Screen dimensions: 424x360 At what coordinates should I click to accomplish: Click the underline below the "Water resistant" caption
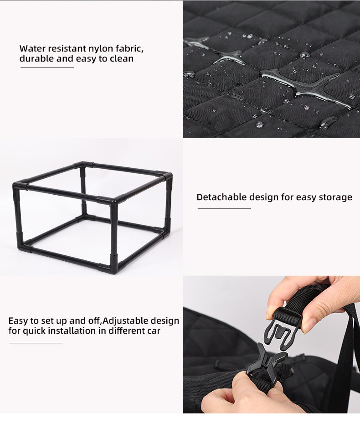(x=47, y=67)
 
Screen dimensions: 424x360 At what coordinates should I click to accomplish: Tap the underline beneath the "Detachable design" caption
(x=224, y=208)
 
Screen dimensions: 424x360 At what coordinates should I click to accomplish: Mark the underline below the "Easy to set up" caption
(x=36, y=342)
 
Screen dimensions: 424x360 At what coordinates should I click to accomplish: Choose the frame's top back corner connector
(x=82, y=165)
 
